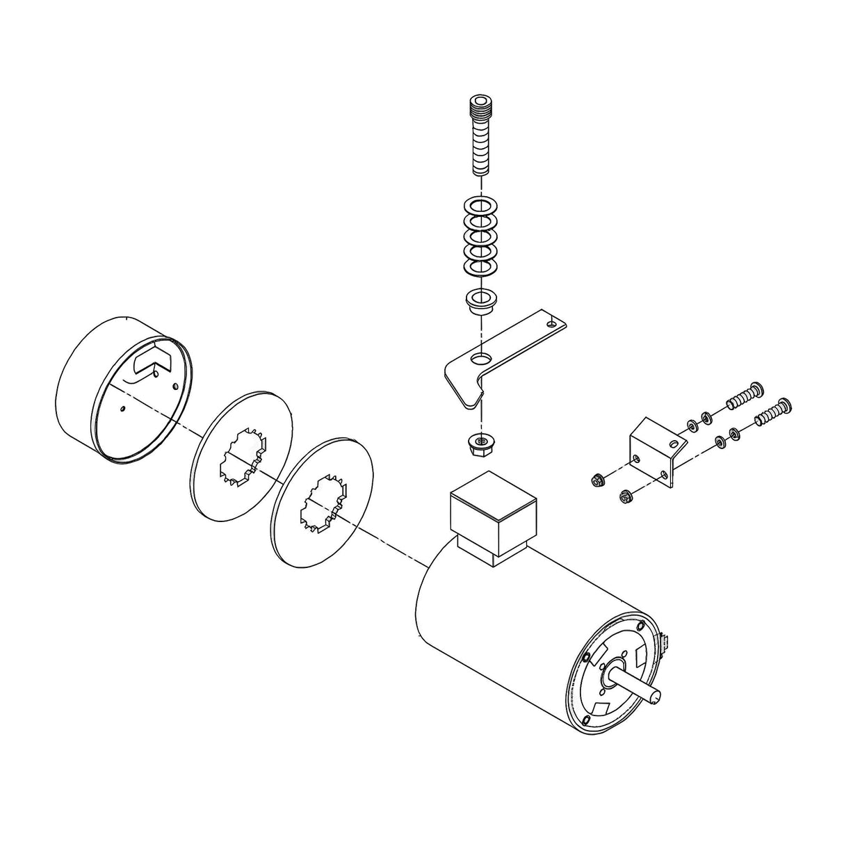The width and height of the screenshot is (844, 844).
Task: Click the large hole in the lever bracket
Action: pos(479,359)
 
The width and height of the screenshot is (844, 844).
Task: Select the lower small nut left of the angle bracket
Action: pos(624,496)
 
